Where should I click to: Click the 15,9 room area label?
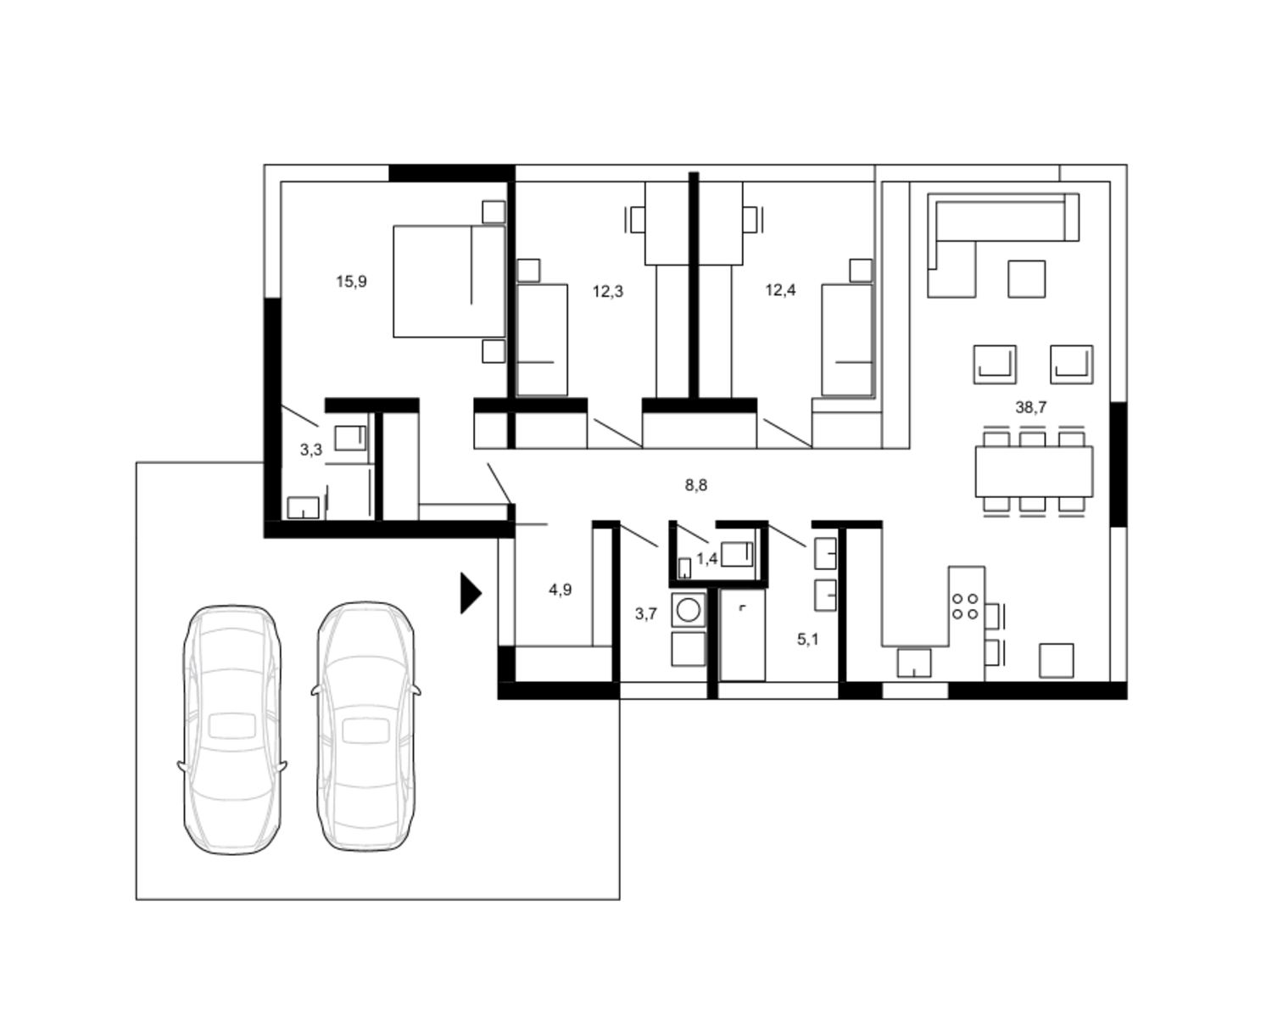352,282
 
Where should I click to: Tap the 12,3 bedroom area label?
608,291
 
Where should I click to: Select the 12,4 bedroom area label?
781,290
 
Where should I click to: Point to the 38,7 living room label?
1031,407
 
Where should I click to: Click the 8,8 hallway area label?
696,485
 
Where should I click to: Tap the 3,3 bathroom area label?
311,450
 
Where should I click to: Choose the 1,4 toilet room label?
707,558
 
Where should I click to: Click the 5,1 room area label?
808,639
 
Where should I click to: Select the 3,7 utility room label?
646,614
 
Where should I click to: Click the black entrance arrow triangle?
471,593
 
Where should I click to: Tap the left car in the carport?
232,730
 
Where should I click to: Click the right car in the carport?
365,726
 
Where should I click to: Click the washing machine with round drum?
689,610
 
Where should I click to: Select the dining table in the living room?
1034,472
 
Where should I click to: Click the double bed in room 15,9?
449,281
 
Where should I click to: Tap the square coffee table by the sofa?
1027,278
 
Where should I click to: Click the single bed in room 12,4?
847,339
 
